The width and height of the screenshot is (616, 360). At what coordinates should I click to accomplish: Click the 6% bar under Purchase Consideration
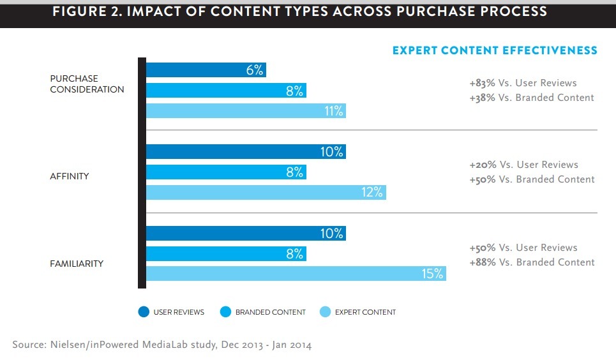[x=206, y=70]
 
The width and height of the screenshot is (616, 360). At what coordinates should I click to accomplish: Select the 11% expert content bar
[x=246, y=111]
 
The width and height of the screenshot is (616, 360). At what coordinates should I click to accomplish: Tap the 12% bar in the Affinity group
[x=266, y=192]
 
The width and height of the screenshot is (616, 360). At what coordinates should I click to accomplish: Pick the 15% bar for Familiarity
[x=296, y=274]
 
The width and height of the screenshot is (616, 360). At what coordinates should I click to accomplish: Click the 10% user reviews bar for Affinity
[x=246, y=152]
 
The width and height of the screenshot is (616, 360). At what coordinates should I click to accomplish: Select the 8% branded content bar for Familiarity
[x=226, y=253]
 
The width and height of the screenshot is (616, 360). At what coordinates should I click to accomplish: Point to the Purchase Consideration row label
[x=87, y=84]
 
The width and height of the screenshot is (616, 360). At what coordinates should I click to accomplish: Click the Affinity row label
[x=69, y=176]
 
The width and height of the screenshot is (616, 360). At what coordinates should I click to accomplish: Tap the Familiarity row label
[x=77, y=263]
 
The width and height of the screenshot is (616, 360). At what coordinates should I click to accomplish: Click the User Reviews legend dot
[x=144, y=312]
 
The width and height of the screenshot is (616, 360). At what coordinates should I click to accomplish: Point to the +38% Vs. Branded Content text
[x=531, y=98]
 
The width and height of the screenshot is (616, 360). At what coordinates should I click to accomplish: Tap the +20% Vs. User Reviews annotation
[x=523, y=165]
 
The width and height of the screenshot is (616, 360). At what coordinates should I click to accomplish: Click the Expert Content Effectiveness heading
[x=495, y=50]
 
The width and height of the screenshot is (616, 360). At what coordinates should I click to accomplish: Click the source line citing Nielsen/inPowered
[x=162, y=345]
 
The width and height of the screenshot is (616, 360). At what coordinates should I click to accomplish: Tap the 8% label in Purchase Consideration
[x=294, y=91]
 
